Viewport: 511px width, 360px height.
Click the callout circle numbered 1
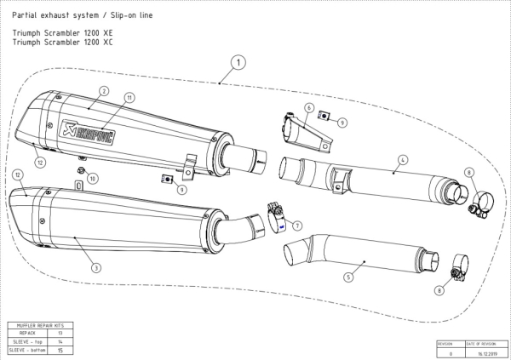point(239,62)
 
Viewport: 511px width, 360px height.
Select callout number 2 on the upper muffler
point(102,90)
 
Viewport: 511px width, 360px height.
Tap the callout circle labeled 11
point(129,98)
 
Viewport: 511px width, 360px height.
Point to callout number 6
point(310,107)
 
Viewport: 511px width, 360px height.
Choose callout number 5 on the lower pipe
point(347,276)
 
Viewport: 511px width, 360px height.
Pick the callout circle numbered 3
point(96,267)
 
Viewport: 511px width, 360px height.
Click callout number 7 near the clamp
point(297,225)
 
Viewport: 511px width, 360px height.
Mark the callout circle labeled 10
point(93,178)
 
